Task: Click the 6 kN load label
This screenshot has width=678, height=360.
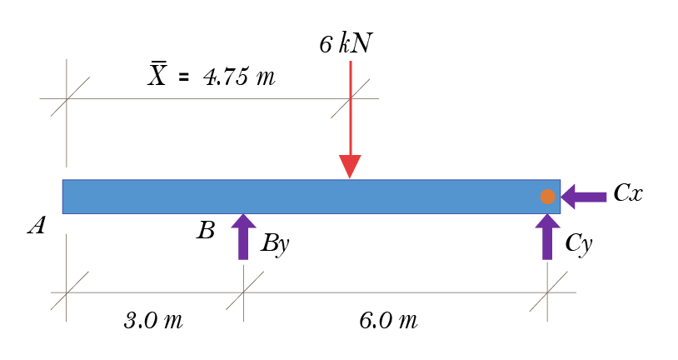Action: pyautogui.click(x=346, y=43)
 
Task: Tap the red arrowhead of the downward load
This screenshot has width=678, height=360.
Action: pyautogui.click(x=350, y=166)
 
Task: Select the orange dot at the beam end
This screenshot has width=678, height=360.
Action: pyautogui.click(x=547, y=197)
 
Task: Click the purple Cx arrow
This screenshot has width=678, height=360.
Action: pyautogui.click(x=583, y=197)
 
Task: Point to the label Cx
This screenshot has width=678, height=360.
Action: pyautogui.click(x=628, y=192)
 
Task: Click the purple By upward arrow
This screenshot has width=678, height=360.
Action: pyautogui.click(x=243, y=237)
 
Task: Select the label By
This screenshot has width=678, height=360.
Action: pyautogui.click(x=275, y=243)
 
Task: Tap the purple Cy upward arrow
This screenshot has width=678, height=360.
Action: pyautogui.click(x=547, y=237)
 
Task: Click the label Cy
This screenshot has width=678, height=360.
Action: pyautogui.click(x=579, y=243)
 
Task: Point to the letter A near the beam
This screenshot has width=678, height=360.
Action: pyautogui.click(x=37, y=226)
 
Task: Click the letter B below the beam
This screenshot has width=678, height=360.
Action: pyautogui.click(x=206, y=230)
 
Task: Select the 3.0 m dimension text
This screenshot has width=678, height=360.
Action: pyautogui.click(x=153, y=321)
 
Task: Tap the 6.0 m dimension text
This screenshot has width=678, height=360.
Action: pyautogui.click(x=388, y=321)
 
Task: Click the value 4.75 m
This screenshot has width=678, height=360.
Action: pyautogui.click(x=239, y=77)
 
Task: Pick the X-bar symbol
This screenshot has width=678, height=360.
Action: pyautogui.click(x=157, y=74)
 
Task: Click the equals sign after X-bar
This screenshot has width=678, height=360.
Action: pyautogui.click(x=183, y=77)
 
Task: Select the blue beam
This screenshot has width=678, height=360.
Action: pyautogui.click(x=312, y=197)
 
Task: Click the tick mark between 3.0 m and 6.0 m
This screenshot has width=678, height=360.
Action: pyautogui.click(x=244, y=292)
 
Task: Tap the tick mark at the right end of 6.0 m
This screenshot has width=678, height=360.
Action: pyautogui.click(x=548, y=292)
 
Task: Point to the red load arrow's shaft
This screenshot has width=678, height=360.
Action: pyautogui.click(x=350, y=108)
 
